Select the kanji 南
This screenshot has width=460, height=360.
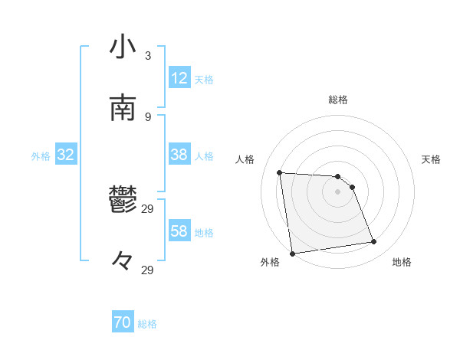coord(123,108)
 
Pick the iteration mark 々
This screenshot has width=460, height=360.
coord(123,262)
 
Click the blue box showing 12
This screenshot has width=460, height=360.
coord(179,78)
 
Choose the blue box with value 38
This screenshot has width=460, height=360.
coord(179,155)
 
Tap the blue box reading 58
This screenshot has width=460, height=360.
coord(179,231)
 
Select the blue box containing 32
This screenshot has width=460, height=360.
coord(66,155)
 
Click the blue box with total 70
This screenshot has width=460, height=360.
coord(123,323)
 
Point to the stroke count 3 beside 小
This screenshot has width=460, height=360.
coord(148,55)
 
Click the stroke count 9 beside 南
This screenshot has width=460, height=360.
coord(148,116)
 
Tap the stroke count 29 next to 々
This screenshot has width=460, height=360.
coord(148,270)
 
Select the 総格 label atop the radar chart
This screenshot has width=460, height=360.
coord(338,100)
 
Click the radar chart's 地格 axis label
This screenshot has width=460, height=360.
coord(402,262)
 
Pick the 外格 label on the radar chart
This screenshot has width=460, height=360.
coord(270,262)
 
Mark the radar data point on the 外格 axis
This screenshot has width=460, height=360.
coord(292,253)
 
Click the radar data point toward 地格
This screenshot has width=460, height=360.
coord(374,242)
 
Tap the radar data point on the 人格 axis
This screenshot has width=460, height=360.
coord(280,172)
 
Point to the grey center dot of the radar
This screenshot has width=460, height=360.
coord(338,191)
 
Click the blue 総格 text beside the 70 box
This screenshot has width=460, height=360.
coord(147,324)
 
